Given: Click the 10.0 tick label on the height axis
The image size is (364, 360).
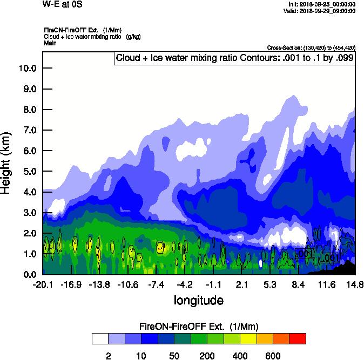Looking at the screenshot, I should (x=27, y=68).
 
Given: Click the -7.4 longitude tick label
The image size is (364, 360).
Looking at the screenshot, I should (x=156, y=284).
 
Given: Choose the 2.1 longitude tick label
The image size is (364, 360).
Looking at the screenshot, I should (x=241, y=284).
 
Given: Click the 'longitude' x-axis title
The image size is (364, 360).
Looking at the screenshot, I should (x=199, y=300).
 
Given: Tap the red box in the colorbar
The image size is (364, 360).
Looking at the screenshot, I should (x=298, y=338).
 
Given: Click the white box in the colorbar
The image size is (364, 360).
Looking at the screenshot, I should (x=100, y=338).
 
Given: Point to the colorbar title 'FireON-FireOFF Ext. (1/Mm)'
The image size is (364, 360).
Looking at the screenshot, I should (x=199, y=327).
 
